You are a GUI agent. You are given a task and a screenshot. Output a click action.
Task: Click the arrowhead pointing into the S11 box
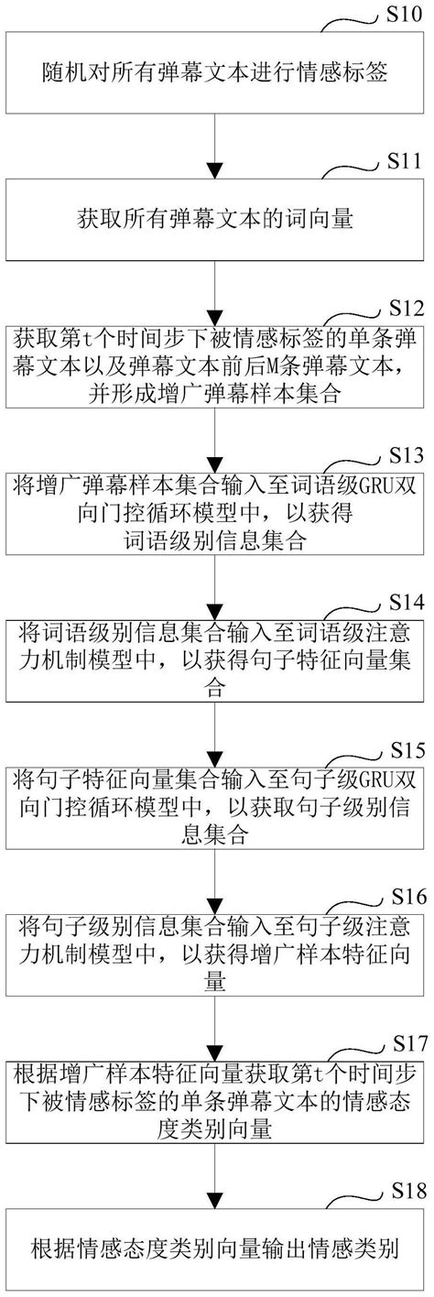point(216,170)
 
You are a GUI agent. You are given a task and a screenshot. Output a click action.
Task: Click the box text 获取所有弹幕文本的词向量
point(216,220)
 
